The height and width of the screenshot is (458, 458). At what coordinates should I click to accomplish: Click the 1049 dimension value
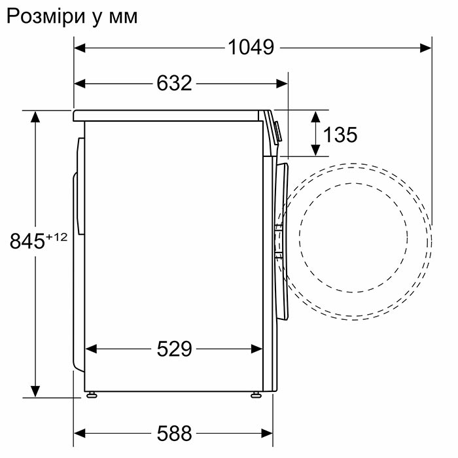pos(251,47)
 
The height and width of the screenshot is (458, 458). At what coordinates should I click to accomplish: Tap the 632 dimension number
pos(174,83)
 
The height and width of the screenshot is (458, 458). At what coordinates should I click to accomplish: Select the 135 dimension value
pos(340,135)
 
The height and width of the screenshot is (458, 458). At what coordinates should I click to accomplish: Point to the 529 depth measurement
pos(175,349)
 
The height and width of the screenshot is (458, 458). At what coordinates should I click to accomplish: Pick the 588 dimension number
pos(175,433)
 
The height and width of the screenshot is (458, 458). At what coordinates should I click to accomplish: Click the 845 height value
pos(27,241)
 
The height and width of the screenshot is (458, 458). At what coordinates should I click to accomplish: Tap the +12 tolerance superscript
pos(56,237)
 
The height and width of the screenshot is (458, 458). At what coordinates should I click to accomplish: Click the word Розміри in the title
pos(46,17)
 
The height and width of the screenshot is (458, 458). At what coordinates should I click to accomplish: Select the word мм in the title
pos(123,18)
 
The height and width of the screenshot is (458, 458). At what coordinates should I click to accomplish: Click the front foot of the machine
pos(256,395)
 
